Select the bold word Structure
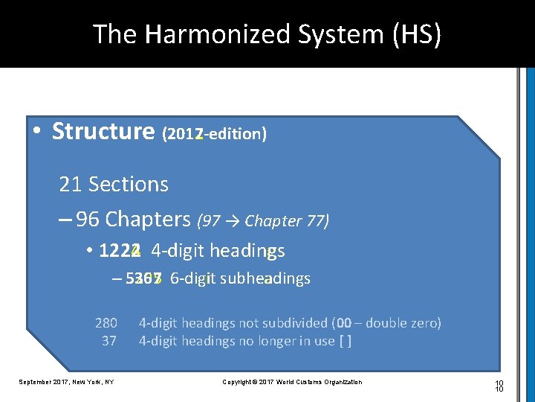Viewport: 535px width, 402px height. pos(103,132)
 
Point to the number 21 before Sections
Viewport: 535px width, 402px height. pos(70,184)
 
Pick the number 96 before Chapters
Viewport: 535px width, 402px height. pos(87,220)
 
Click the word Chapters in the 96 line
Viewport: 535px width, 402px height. pos(148,220)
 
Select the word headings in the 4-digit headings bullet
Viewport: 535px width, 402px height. pos(249,251)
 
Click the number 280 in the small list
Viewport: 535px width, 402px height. pos(106,323)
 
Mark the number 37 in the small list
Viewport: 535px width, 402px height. pos(109,341)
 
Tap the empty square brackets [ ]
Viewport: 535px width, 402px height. pos(345,341)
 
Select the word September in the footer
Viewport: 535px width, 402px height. pos(36,382)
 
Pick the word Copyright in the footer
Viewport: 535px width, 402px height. pos(239,382)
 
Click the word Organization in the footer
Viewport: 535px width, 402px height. pos(340,382)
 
